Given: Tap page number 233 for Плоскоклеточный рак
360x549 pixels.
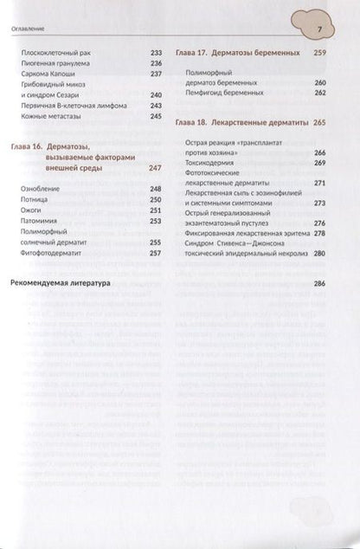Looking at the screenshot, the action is point(157,53).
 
